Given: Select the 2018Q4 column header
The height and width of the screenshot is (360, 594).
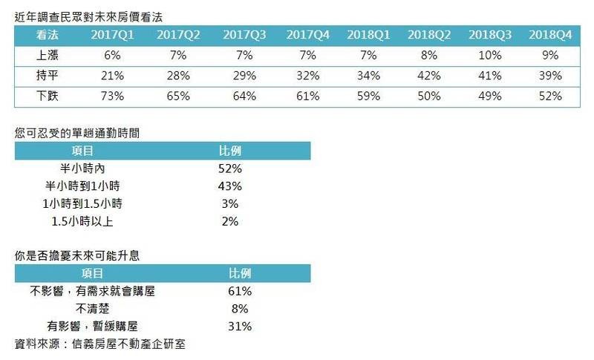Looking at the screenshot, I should coord(549,35).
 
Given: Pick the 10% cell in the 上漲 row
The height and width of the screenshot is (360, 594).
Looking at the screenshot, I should coord(487,55).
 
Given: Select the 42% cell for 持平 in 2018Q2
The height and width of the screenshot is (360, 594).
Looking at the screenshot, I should coord(425,76).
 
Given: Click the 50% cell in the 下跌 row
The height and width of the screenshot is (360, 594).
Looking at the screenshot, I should coord(425,96).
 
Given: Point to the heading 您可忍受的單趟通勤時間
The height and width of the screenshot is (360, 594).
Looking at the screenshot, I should coord(78,134).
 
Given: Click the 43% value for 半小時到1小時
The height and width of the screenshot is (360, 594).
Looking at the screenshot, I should coord(229,186).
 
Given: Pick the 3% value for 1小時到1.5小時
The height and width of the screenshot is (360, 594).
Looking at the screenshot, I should coord(229,203).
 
